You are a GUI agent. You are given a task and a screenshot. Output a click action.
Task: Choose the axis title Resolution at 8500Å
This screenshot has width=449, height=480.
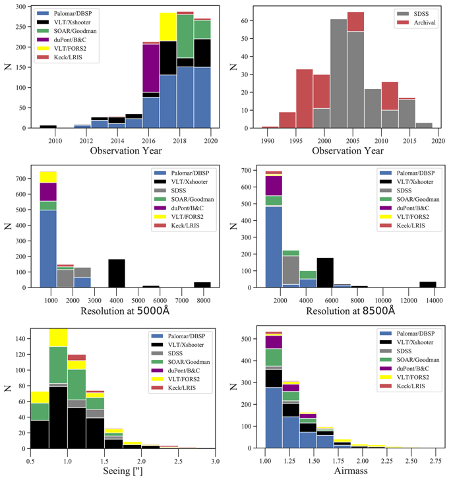(347, 310)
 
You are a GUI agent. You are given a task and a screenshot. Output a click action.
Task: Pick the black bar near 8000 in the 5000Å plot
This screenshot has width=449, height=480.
(202, 285)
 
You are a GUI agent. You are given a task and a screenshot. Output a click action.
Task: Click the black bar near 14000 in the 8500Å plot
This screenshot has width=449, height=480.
(427, 285)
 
